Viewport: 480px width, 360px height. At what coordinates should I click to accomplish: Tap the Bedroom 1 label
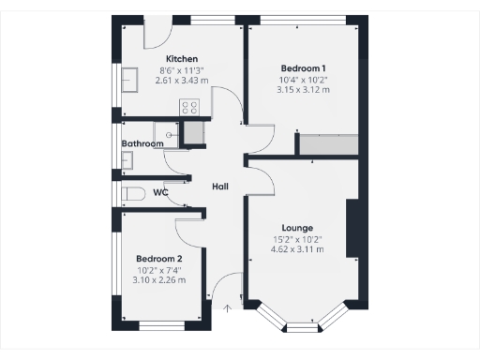click(x=304, y=68)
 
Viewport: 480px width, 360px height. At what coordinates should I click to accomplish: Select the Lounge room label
click(x=297, y=228)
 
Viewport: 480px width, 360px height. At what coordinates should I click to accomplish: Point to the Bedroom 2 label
click(x=158, y=258)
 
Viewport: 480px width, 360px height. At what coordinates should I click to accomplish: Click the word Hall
click(x=220, y=187)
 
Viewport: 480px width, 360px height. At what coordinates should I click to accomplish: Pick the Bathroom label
click(x=142, y=143)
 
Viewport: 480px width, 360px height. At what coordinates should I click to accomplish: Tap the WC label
click(x=160, y=193)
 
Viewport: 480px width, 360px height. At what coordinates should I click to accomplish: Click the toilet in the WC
click(x=133, y=193)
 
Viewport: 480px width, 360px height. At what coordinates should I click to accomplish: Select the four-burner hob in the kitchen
click(x=192, y=106)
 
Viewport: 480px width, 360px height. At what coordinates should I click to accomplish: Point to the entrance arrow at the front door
click(x=226, y=307)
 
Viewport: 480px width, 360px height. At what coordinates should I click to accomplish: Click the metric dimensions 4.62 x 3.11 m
click(x=297, y=249)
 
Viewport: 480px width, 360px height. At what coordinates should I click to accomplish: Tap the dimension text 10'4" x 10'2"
click(x=304, y=81)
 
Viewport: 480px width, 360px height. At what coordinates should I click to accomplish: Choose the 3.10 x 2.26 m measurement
click(x=158, y=279)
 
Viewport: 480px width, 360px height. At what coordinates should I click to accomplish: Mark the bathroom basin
click(x=128, y=160)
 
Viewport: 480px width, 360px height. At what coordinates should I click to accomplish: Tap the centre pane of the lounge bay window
click(x=302, y=327)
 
